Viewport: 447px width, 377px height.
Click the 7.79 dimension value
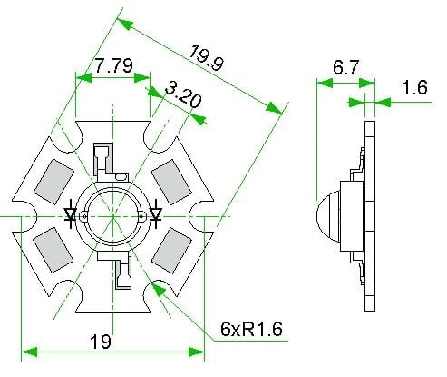[113, 66]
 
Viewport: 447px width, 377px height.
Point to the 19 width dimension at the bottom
[102, 342]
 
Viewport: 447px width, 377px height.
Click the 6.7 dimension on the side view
[345, 68]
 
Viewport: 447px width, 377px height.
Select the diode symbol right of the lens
[156, 215]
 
